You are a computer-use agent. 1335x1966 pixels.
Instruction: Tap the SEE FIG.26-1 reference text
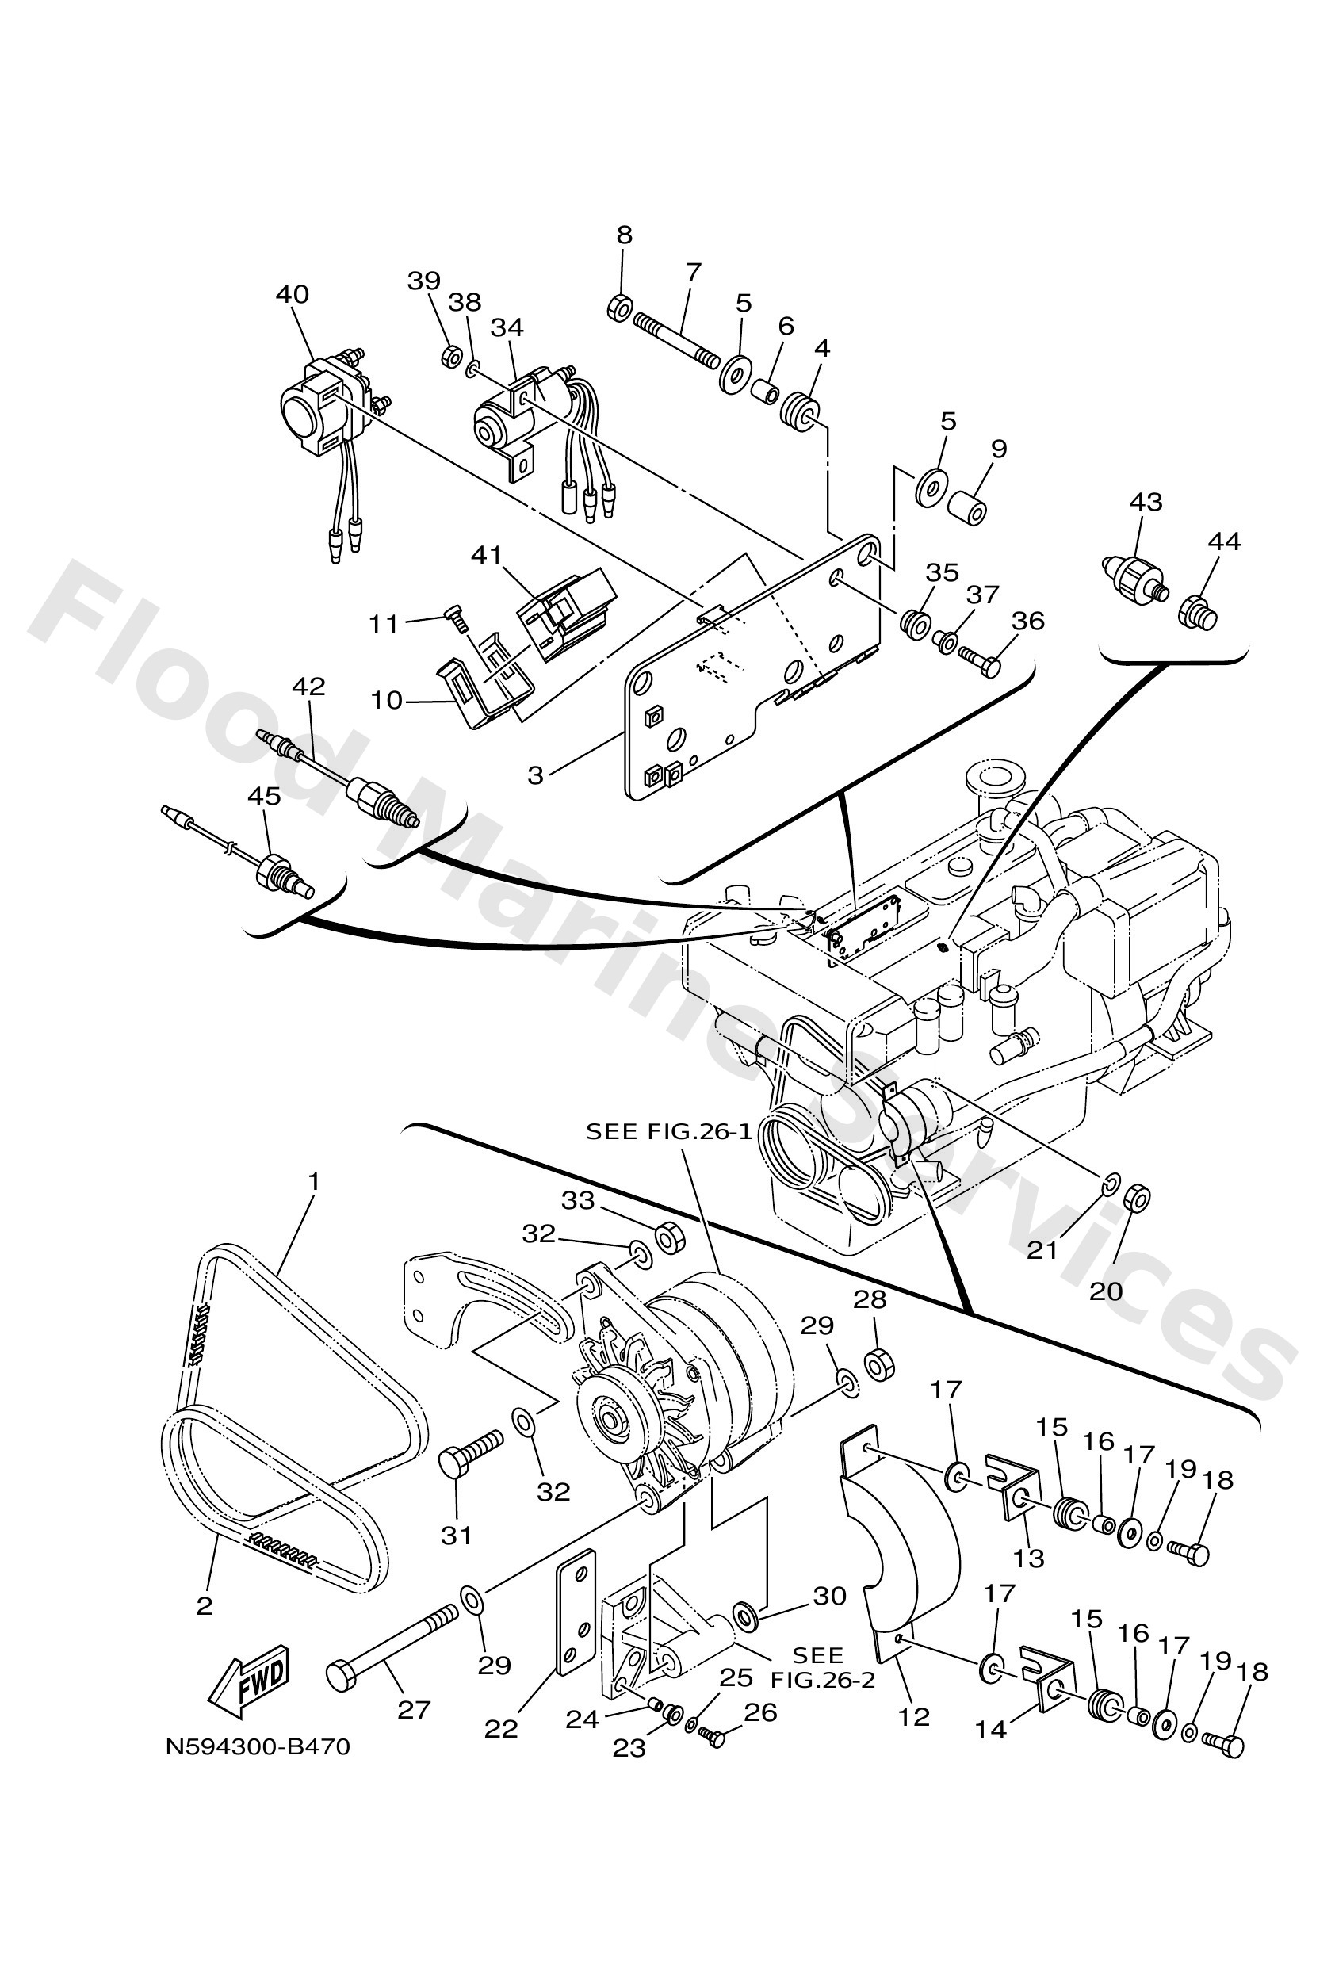tap(669, 1132)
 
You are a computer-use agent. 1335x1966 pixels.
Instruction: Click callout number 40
tap(292, 294)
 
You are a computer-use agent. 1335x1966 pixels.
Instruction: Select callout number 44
tap(1224, 541)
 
